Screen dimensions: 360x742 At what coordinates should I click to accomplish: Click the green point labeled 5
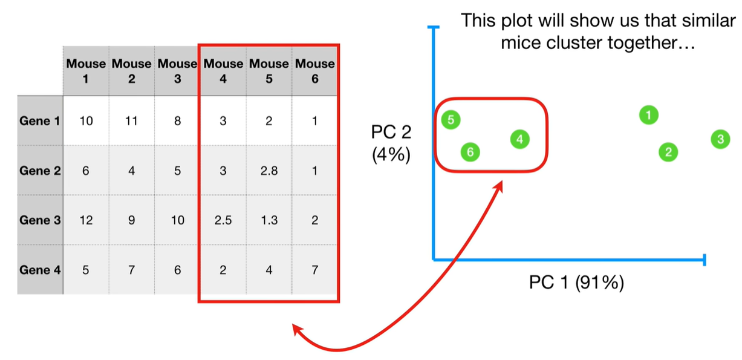[x=451, y=120]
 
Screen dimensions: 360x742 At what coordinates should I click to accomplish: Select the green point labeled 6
[x=470, y=152]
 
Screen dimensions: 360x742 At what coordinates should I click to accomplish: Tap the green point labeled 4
[x=519, y=139]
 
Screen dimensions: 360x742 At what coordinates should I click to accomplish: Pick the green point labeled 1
[x=649, y=114]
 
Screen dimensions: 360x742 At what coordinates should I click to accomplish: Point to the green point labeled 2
[x=668, y=152]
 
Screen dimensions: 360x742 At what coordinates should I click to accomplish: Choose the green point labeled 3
[x=720, y=139]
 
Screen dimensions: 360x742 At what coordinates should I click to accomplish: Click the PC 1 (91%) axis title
[x=576, y=283]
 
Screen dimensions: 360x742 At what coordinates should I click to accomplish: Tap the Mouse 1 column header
[x=86, y=71]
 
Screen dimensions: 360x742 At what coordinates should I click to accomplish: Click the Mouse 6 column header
[x=314, y=71]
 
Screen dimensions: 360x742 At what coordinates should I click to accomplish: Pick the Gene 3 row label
[x=40, y=220]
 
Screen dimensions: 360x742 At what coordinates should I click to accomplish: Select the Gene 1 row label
[x=40, y=121]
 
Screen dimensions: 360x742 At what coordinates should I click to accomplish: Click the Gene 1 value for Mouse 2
[x=131, y=121]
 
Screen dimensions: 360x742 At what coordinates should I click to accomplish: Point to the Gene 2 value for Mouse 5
[x=268, y=171]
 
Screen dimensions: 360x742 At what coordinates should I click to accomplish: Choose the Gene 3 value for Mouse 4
[x=223, y=220]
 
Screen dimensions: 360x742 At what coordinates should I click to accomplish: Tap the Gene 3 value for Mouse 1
[x=86, y=220]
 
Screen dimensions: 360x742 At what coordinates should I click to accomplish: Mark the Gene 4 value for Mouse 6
[x=314, y=270]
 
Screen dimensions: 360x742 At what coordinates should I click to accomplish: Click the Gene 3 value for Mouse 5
[x=268, y=220]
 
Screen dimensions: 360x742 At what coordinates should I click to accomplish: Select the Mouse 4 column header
[x=223, y=71]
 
